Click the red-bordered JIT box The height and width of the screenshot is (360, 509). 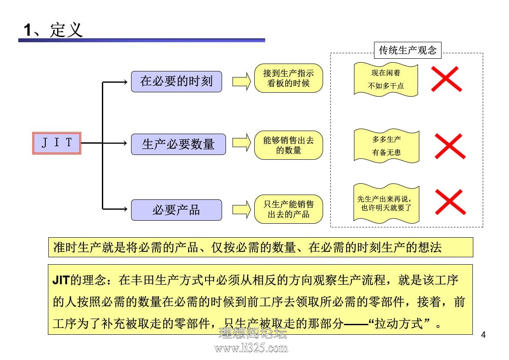click(57, 143)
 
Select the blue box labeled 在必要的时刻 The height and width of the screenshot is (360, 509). click(176, 81)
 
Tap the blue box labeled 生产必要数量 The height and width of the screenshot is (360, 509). click(178, 144)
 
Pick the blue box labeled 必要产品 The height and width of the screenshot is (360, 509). click(176, 210)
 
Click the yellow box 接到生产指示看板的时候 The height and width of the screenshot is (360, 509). click(288, 78)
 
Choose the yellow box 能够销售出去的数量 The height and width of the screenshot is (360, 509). click(288, 145)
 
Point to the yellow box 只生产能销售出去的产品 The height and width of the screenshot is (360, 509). click(288, 209)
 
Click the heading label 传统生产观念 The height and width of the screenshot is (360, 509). click(408, 50)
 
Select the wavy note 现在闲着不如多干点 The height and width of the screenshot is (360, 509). click(386, 80)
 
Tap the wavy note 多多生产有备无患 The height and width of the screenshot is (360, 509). click(386, 146)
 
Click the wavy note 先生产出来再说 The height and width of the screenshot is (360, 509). click(386, 204)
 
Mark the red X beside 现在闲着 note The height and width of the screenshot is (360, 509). click(446, 79)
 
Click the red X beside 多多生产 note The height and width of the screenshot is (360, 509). click(450, 146)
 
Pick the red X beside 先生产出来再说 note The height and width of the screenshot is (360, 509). click(450, 202)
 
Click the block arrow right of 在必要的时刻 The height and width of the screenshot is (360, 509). click(242, 81)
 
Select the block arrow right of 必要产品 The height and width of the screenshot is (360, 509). click(242, 209)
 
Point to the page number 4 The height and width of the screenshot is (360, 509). click(483, 335)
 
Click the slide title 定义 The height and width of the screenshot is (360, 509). click(67, 30)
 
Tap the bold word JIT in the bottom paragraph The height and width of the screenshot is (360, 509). click(61, 280)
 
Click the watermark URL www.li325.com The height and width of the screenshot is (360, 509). click(251, 348)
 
